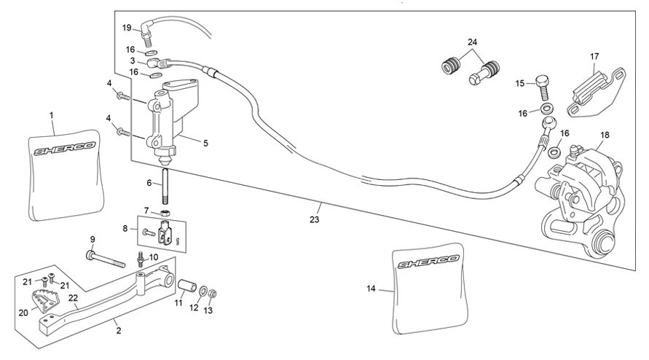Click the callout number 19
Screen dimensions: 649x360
click(127, 28)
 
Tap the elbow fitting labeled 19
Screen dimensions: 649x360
click(147, 32)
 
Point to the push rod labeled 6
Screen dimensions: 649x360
click(165, 187)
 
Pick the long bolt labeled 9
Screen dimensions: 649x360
click(105, 259)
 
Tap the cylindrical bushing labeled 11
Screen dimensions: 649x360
click(186, 286)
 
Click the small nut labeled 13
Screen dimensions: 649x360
click(212, 294)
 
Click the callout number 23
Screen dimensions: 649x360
click(315, 219)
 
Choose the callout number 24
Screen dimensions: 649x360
click(472, 42)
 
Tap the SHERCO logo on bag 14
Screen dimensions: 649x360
click(428, 262)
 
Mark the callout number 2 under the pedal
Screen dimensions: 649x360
click(119, 331)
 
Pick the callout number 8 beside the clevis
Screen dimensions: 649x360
click(125, 228)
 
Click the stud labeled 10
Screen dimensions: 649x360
click(141, 259)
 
